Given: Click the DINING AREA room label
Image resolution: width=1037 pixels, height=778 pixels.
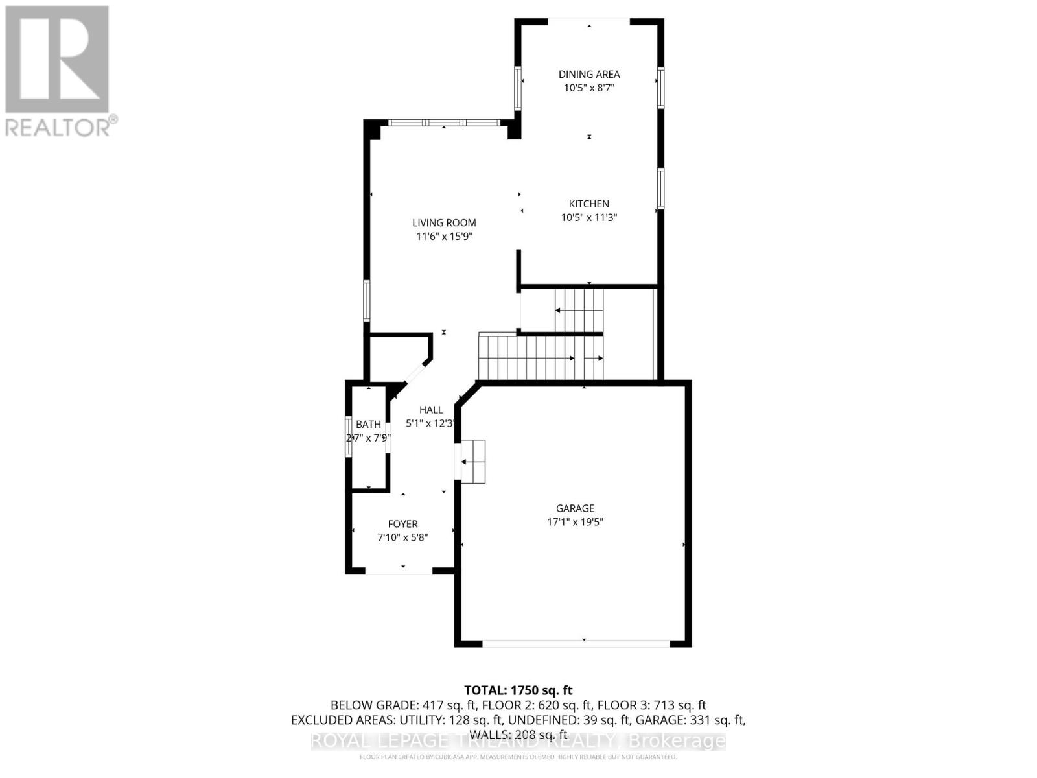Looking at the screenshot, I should [589, 74].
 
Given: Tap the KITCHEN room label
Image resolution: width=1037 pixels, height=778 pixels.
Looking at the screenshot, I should [589, 204].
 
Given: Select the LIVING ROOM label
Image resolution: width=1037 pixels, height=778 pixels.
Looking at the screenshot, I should [444, 223].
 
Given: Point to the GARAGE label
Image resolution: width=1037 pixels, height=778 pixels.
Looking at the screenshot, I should [575, 508].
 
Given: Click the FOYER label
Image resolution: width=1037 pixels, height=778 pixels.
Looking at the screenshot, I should [402, 524].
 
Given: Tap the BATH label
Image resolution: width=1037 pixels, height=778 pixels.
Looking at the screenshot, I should [368, 424].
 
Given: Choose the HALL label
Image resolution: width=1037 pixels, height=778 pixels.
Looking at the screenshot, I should [431, 410].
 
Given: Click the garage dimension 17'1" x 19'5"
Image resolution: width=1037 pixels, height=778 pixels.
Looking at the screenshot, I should [575, 522].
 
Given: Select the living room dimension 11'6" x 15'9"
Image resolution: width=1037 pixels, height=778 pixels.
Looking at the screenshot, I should [444, 237].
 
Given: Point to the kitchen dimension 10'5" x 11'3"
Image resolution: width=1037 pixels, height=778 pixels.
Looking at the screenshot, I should [589, 217].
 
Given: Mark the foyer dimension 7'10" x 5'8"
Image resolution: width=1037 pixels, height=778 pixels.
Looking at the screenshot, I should [402, 537].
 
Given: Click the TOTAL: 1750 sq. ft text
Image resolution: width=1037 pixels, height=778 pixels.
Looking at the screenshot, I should [518, 690].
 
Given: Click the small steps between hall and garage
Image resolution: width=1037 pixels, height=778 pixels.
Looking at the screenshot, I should [472, 462].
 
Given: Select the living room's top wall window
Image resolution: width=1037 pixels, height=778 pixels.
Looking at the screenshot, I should [444, 123].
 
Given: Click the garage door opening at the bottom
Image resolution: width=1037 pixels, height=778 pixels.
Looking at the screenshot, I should [576, 644].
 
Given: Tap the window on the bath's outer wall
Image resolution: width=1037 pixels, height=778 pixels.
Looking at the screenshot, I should [348, 436].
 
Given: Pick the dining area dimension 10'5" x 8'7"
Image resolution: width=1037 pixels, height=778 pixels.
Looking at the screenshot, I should [589, 88].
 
